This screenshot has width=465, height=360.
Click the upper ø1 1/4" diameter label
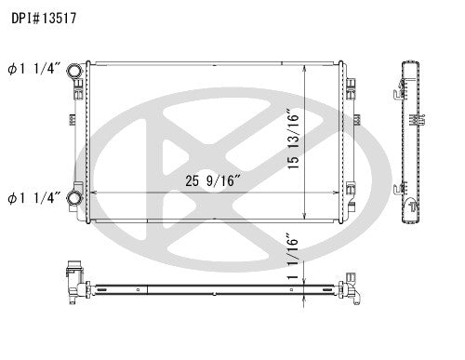pyautogui.click(x=34, y=68)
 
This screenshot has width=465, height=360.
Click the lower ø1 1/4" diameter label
pyautogui.click(x=34, y=196)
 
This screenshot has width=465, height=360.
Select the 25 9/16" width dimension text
pyautogui.click(x=207, y=180)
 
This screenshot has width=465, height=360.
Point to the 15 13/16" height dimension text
pyautogui.click(x=294, y=140)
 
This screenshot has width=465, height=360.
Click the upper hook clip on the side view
pyautogui.click(x=397, y=91)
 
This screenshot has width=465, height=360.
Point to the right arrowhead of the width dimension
pyautogui.click(x=339, y=193)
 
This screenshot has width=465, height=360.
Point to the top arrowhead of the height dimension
pyautogui.click(x=307, y=68)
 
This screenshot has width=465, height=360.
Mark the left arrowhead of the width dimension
pyautogui.click(x=89, y=193)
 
